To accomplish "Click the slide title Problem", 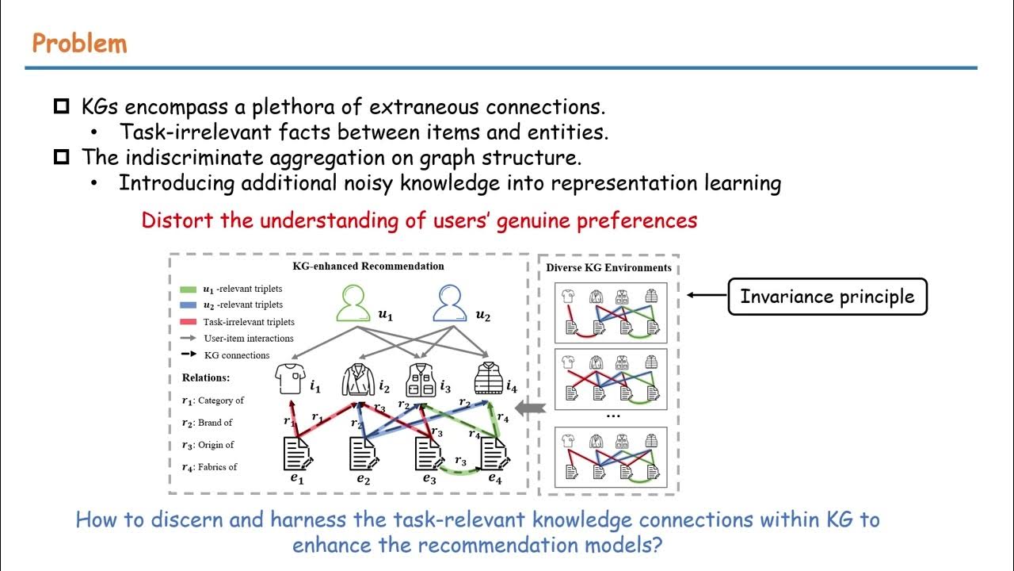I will point(79,43).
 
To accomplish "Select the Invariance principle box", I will point(827,297).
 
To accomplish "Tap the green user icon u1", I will point(354,304).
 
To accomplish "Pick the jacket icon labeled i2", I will point(357,381).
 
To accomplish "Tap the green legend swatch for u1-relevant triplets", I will point(189,289).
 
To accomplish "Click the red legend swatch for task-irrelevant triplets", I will point(189,322).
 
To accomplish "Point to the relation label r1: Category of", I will point(212,400).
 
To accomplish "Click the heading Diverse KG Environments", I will point(608,267).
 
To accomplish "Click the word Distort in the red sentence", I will point(177,220).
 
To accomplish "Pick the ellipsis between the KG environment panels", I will point(612,416).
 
